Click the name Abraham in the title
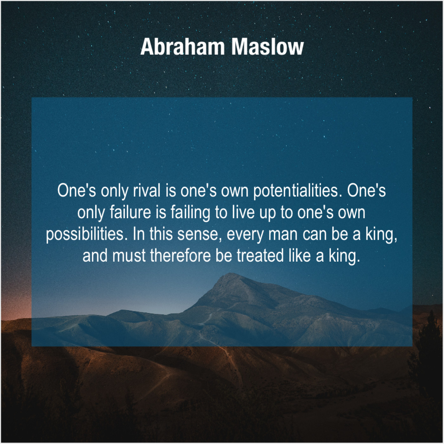pyautogui.click(x=182, y=47)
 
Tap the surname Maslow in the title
pyautogui.click(x=267, y=47)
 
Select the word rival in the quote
pyautogui.click(x=147, y=191)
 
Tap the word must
pyautogui.click(x=129, y=256)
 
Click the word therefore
pyautogui.click(x=180, y=256)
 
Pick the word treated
pyautogui.click(x=260, y=256)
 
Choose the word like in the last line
pyautogui.click(x=299, y=256)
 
